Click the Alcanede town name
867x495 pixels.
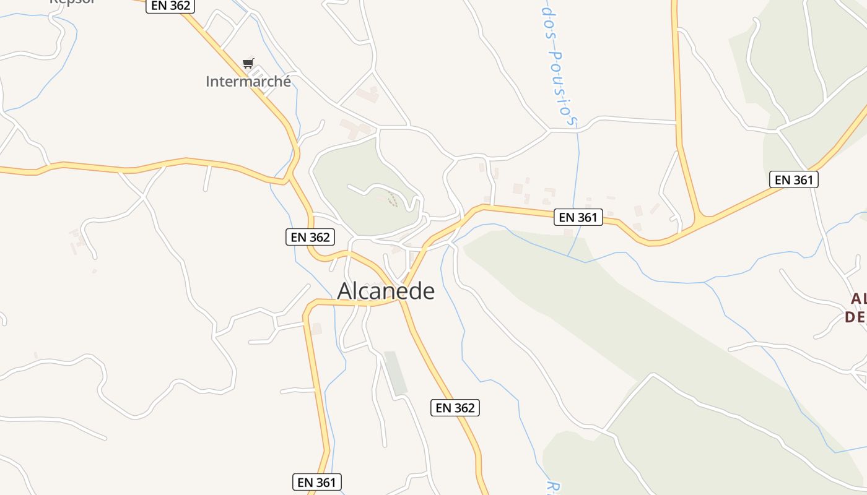coord(386,291)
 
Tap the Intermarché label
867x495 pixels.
coord(248,82)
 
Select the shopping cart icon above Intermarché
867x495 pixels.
coord(248,63)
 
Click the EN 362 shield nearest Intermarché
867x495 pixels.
coord(170,6)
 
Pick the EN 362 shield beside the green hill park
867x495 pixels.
coord(310,237)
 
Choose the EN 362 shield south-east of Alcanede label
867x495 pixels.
coord(455,408)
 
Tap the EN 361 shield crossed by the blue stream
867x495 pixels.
coord(578,217)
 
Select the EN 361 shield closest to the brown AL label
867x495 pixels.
coord(793,179)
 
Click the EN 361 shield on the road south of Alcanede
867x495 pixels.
coord(317,482)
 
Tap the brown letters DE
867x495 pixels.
coord(855,317)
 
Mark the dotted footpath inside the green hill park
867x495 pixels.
coord(391,199)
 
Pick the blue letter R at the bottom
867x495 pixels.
coord(551,486)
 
